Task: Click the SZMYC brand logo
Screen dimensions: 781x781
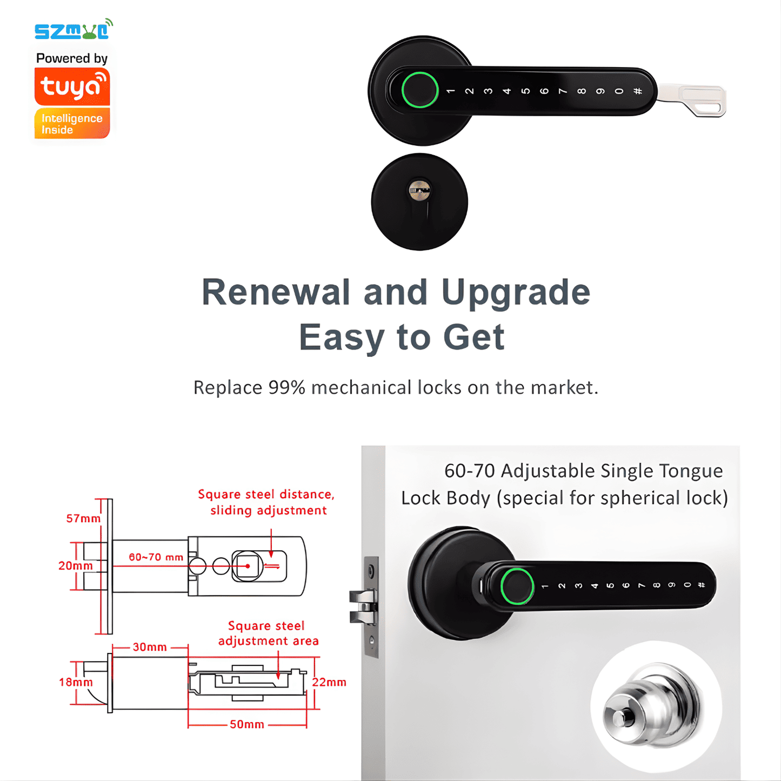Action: click(x=73, y=30)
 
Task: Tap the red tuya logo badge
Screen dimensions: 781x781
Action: click(x=72, y=86)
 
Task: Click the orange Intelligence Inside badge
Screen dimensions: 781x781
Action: click(x=72, y=124)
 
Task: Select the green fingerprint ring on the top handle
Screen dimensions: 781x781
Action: click(x=419, y=90)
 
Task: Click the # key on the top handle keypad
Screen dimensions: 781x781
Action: click(x=638, y=91)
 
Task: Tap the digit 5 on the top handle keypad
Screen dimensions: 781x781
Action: click(x=525, y=91)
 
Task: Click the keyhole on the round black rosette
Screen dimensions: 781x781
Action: click(x=419, y=190)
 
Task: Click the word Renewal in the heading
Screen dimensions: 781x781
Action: click(x=276, y=292)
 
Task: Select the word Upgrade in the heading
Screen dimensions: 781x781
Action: click(x=516, y=292)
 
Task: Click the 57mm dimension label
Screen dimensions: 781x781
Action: click(x=83, y=519)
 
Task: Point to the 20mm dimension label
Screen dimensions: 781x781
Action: click(x=75, y=566)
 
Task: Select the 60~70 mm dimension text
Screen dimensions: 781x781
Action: click(x=156, y=557)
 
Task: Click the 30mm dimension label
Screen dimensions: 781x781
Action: click(x=150, y=647)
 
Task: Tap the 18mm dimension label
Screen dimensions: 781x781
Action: click(x=76, y=682)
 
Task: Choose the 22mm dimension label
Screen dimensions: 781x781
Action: click(x=329, y=682)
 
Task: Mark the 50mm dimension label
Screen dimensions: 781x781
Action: click(x=247, y=724)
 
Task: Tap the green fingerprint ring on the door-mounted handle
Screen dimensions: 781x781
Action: click(x=517, y=586)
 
